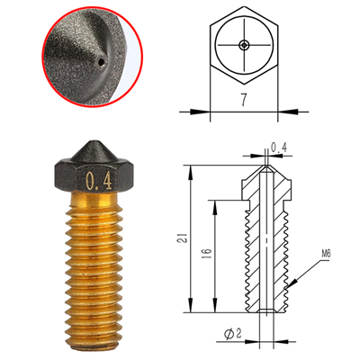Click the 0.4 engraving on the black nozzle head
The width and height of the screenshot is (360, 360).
99,181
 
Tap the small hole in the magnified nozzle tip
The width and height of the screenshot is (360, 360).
102,62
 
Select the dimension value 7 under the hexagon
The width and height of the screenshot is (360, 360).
244,101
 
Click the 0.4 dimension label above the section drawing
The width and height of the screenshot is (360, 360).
279,148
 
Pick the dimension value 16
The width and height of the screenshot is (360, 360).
208,254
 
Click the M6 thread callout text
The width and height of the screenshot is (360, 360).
326,255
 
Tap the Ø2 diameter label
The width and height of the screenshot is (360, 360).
233,334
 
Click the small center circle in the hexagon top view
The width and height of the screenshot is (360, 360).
244,45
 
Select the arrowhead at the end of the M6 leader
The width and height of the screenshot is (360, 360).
292,283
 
